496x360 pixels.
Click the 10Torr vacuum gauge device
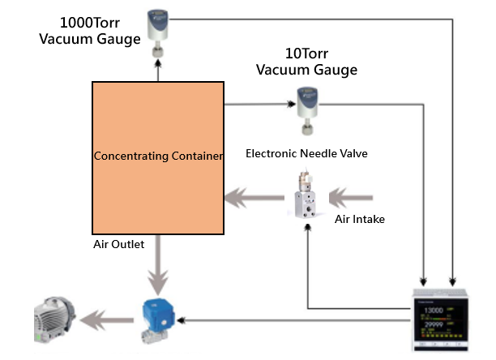(306, 105)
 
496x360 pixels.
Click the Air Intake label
(360, 219)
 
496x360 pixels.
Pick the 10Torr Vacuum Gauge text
(306, 62)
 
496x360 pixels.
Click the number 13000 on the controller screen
(435, 310)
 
